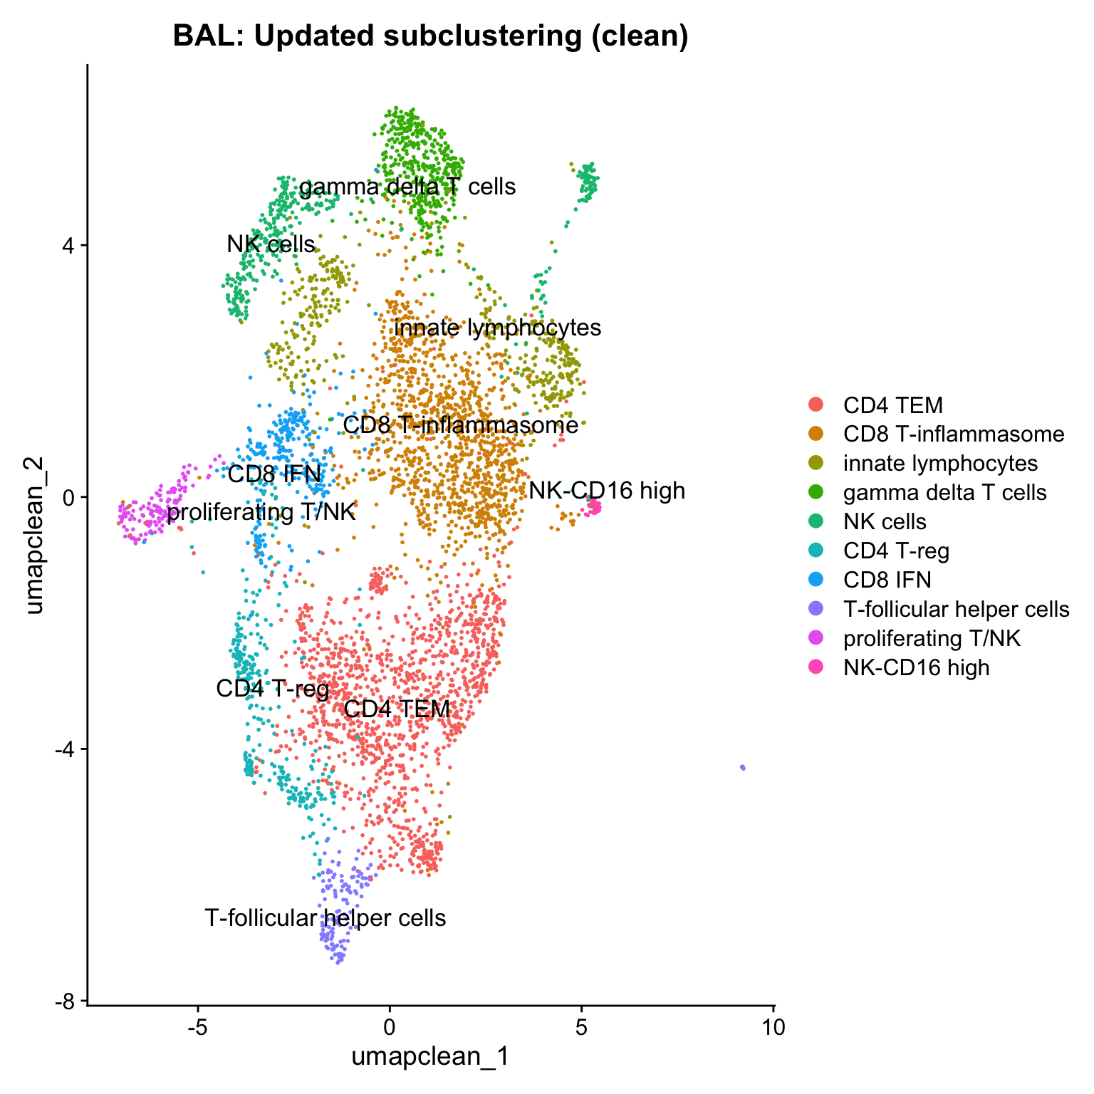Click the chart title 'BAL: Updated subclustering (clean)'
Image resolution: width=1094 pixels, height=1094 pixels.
[430, 36]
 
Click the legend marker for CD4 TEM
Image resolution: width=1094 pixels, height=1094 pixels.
[816, 405]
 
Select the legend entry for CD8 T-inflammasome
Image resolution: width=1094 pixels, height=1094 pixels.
[953, 434]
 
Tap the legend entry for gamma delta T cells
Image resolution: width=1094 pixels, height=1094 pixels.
[944, 492]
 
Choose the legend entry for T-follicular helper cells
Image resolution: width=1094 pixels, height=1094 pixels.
[956, 609]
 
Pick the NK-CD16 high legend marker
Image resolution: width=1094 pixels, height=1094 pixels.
[816, 667]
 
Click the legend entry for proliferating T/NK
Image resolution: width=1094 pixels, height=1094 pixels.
[932, 638]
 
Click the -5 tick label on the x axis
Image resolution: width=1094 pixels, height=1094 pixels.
[197, 1027]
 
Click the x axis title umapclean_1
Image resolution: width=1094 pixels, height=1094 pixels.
[430, 1056]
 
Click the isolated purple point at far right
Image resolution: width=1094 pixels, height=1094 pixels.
[743, 767]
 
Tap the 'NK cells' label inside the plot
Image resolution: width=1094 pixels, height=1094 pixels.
[271, 244]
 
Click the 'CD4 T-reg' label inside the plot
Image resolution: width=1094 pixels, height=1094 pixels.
[273, 689]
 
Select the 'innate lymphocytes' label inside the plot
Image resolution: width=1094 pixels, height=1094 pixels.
[497, 328]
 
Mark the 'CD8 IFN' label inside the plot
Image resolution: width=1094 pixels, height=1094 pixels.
[274, 474]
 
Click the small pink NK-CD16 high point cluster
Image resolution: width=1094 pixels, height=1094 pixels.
[593, 507]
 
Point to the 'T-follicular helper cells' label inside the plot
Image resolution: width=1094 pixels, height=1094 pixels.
[325, 918]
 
